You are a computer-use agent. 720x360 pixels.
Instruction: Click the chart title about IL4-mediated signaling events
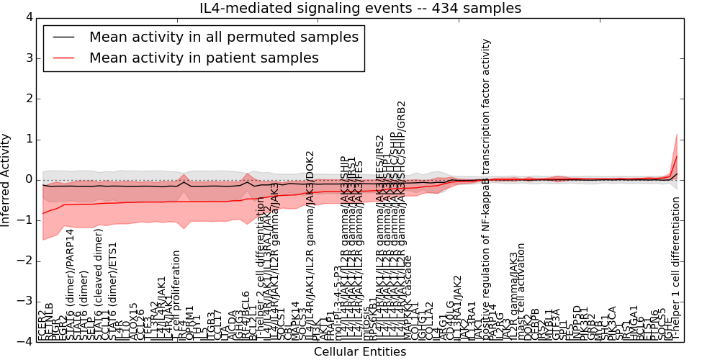point(360,9)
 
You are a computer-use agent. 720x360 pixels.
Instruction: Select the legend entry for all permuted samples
point(223,37)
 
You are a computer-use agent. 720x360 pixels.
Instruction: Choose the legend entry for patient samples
point(204,58)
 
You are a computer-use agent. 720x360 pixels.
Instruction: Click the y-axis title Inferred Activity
point(6,179)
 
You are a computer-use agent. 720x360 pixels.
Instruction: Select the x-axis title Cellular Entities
point(360,352)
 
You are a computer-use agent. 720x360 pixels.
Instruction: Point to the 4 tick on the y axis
point(28,17)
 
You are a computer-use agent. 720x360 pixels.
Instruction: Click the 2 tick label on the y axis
point(28,99)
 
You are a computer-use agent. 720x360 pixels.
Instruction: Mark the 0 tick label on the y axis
point(28,179)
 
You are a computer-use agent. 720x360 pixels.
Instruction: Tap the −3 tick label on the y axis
point(26,301)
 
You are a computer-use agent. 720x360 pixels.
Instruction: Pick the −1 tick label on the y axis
point(26,220)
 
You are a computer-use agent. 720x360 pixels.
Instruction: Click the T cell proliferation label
point(176,295)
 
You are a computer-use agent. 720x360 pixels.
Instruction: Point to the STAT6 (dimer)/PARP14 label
point(70,284)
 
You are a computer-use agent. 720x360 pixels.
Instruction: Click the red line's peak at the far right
point(676,156)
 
